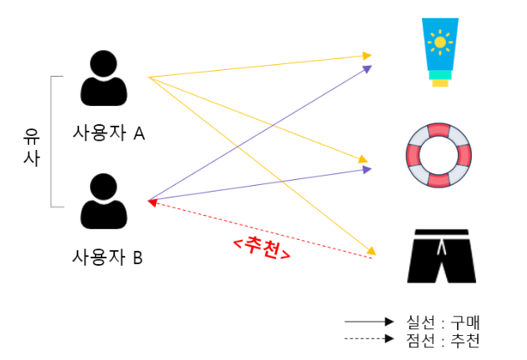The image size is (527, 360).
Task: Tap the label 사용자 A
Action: pos(108,133)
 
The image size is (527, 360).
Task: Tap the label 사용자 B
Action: pos(108,257)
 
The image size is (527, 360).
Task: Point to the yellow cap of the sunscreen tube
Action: pos(439,81)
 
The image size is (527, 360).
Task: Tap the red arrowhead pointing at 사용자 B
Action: pos(152,202)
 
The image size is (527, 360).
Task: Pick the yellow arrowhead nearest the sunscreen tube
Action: pos(367,56)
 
